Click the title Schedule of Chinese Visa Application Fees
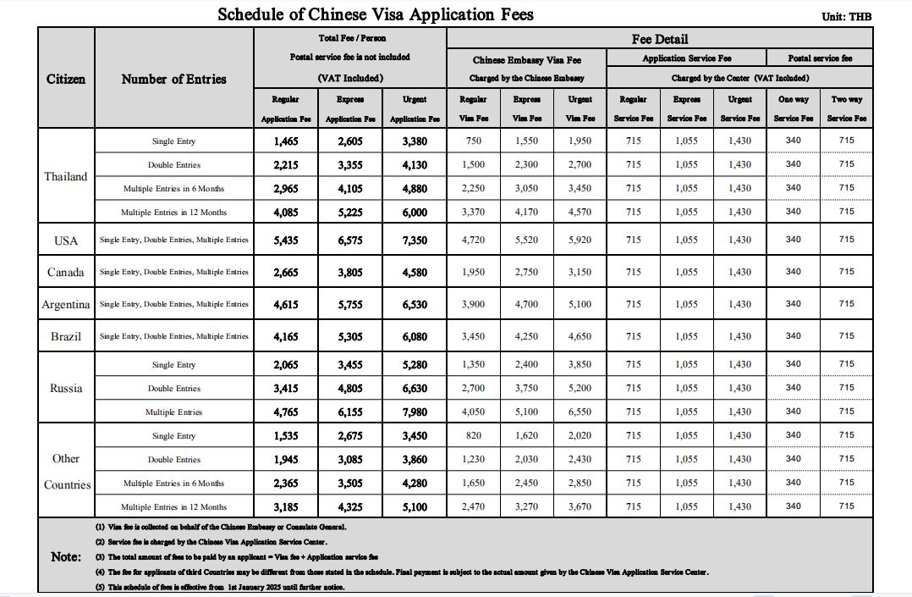(376, 14)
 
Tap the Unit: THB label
(846, 16)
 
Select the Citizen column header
(66, 79)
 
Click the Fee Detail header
(660, 39)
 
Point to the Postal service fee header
(820, 58)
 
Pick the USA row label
(66, 240)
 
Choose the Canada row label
(66, 273)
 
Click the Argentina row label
(66, 304)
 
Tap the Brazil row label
(66, 336)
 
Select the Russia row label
(66, 388)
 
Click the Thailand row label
(66, 176)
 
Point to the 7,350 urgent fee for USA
(415, 240)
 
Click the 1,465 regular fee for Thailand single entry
(286, 141)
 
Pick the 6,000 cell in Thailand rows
(415, 213)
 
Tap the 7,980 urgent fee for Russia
(415, 412)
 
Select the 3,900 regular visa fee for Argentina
(473, 304)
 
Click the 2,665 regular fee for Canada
(286, 273)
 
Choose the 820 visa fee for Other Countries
(473, 436)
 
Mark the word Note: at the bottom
(66, 556)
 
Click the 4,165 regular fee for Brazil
(286, 336)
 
